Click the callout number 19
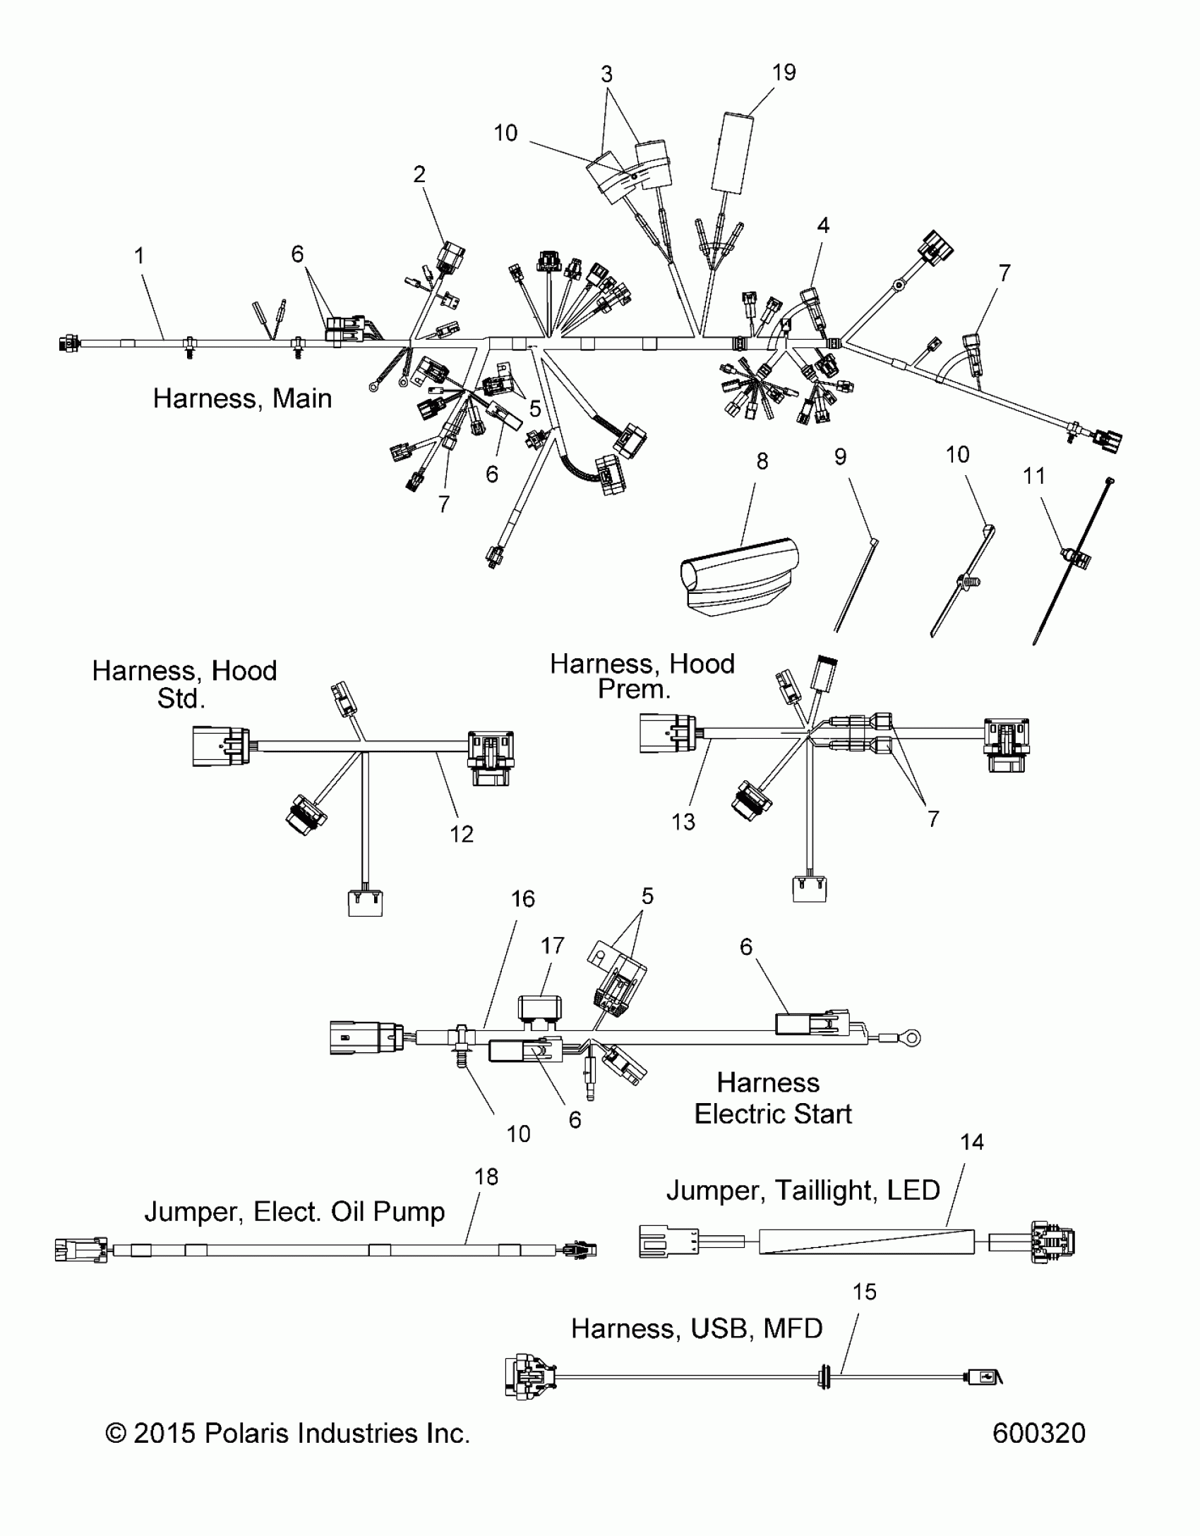[x=784, y=73]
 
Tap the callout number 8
[x=762, y=461]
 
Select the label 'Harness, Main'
[x=242, y=398]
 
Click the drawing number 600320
[x=1038, y=1433]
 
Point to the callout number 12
[x=461, y=834]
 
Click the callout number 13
[x=683, y=821]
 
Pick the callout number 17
[x=553, y=945]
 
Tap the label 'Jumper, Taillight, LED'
[x=803, y=1190]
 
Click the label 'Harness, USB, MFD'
[x=697, y=1328]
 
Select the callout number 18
[x=486, y=1177]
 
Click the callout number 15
[x=864, y=1292]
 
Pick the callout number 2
[x=419, y=174]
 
